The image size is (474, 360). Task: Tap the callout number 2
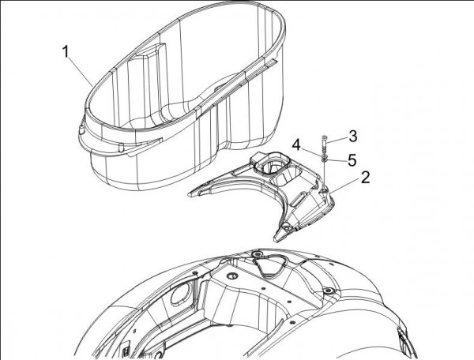tap(366, 178)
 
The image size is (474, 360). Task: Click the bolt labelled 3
tap(325, 145)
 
